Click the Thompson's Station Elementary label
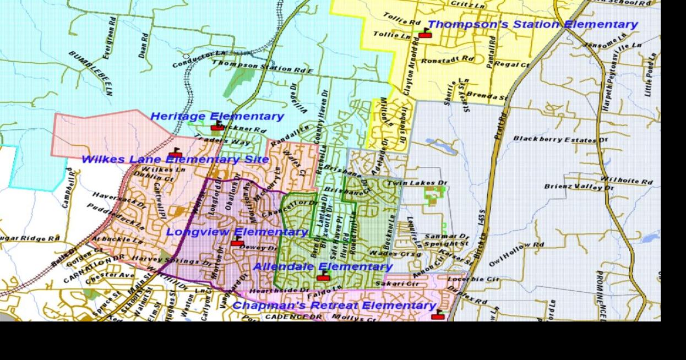point(532,25)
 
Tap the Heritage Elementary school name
point(217,116)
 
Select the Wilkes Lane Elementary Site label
point(175,160)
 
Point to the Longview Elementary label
point(237,232)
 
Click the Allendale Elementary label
point(323,266)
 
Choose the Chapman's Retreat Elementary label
point(334,306)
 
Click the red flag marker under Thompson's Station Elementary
point(424,34)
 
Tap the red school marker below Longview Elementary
point(237,242)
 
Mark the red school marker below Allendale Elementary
point(323,276)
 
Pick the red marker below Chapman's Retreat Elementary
point(438,315)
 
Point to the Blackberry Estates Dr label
point(560,139)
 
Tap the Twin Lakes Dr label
point(418,183)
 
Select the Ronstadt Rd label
point(448,59)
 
